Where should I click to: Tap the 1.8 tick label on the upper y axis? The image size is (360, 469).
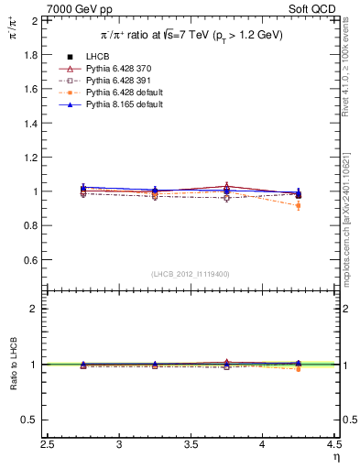click(x=31, y=54)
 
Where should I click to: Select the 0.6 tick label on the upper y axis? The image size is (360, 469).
click(x=31, y=260)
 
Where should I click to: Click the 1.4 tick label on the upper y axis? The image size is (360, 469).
click(x=31, y=123)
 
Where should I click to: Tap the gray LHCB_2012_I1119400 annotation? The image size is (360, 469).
click(x=191, y=274)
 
